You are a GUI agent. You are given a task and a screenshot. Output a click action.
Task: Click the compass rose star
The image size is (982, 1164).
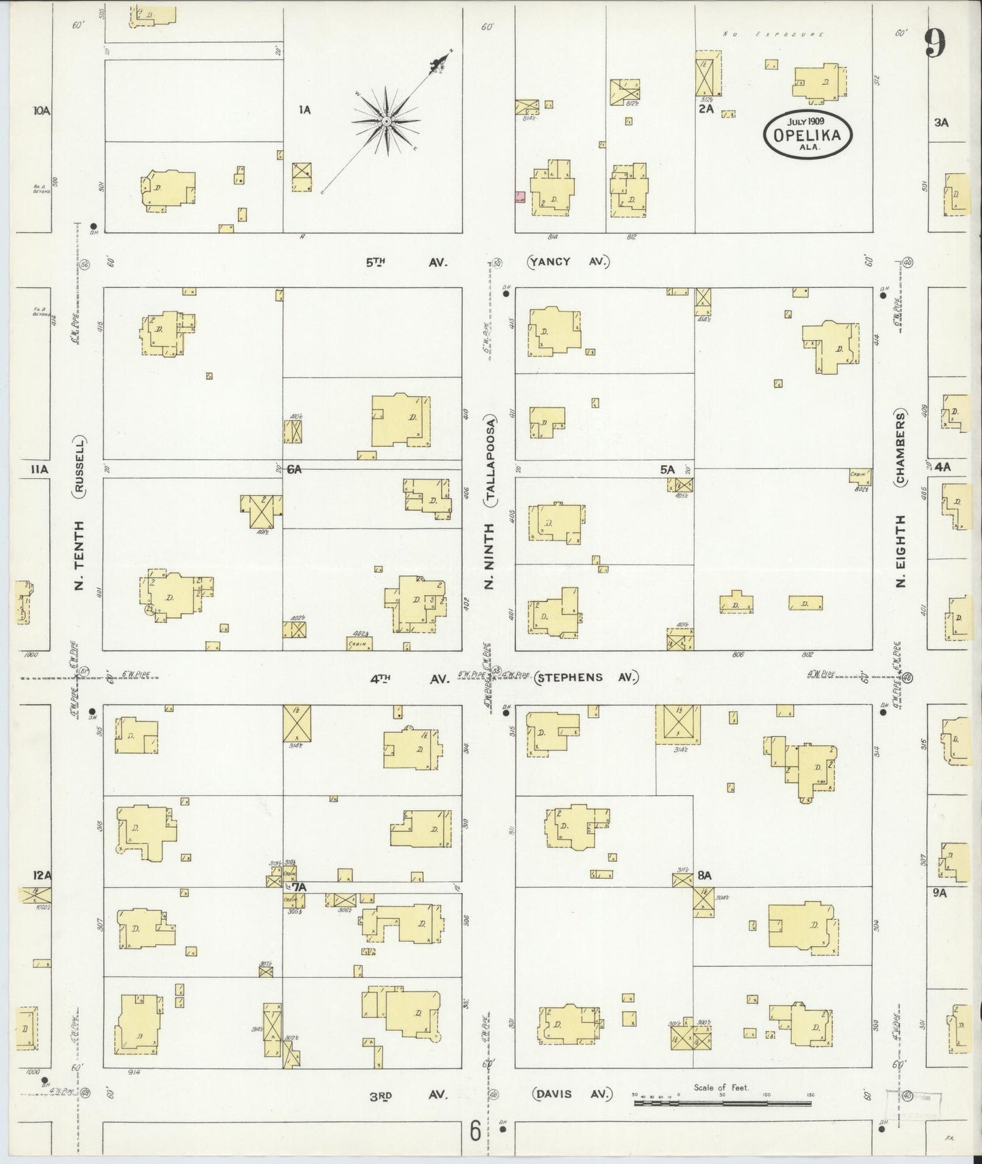coord(385,121)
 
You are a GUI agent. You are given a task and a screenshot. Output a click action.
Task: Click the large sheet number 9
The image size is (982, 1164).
coord(934,45)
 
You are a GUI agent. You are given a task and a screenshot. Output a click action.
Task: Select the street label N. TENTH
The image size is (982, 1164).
coord(80,555)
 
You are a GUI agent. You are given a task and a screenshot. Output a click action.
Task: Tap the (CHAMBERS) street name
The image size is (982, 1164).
coord(902,448)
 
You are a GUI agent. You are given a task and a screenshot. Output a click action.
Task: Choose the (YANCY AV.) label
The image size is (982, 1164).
coord(569,261)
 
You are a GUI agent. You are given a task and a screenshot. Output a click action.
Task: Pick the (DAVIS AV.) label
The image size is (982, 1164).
coord(572,1095)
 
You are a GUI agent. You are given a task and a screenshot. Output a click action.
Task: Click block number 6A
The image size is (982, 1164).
coord(294,469)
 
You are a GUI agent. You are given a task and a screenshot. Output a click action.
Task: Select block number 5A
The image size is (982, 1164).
coord(667,469)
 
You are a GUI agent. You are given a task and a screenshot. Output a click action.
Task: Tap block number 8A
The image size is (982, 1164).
coord(704,875)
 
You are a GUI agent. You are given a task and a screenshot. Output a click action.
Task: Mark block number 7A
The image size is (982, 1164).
coord(300,887)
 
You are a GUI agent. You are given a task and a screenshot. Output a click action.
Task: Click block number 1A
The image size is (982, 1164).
coord(304,109)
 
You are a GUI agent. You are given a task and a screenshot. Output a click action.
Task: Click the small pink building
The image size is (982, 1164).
coord(520,197)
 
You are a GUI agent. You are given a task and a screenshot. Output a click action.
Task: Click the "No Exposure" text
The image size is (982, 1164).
coord(774,33)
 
